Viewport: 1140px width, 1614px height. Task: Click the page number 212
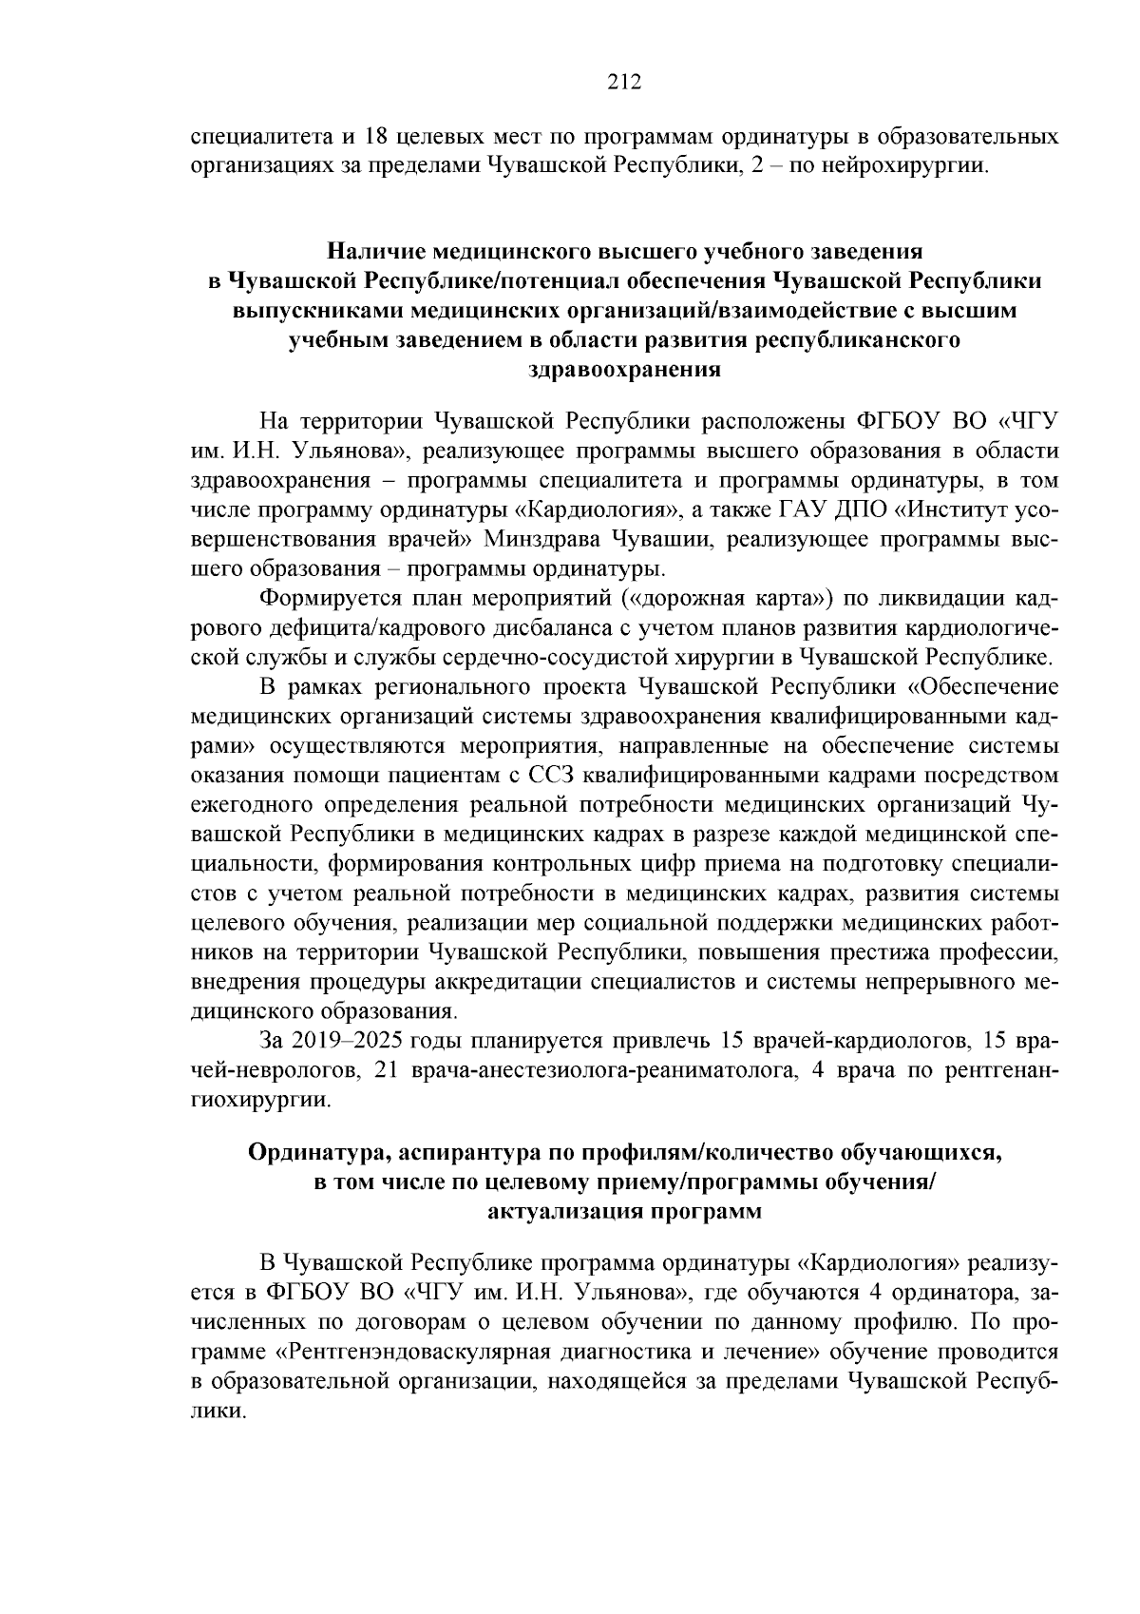click(x=625, y=81)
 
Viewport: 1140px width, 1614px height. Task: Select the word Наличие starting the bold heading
click(x=376, y=252)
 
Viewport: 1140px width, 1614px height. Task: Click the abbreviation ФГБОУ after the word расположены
click(x=901, y=420)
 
